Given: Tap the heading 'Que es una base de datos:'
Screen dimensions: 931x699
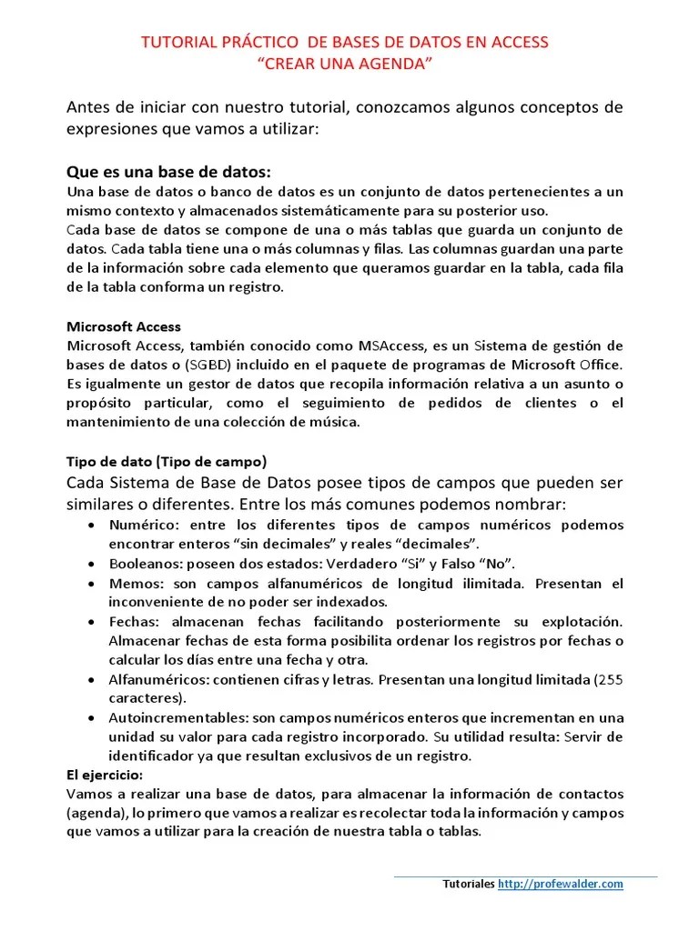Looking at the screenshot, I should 169,173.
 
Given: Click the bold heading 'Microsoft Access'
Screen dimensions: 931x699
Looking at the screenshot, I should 124,326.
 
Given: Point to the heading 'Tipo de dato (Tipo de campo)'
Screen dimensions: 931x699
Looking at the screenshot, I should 167,461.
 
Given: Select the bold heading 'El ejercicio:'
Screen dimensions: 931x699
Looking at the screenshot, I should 105,776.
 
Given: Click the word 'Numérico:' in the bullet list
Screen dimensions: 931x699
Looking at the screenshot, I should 141,526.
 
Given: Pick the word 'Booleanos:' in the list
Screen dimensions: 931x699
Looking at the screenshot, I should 144,564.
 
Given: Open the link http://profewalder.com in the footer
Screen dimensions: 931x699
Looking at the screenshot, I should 560,884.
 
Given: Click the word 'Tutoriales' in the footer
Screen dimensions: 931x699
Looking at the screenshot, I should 469,884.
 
